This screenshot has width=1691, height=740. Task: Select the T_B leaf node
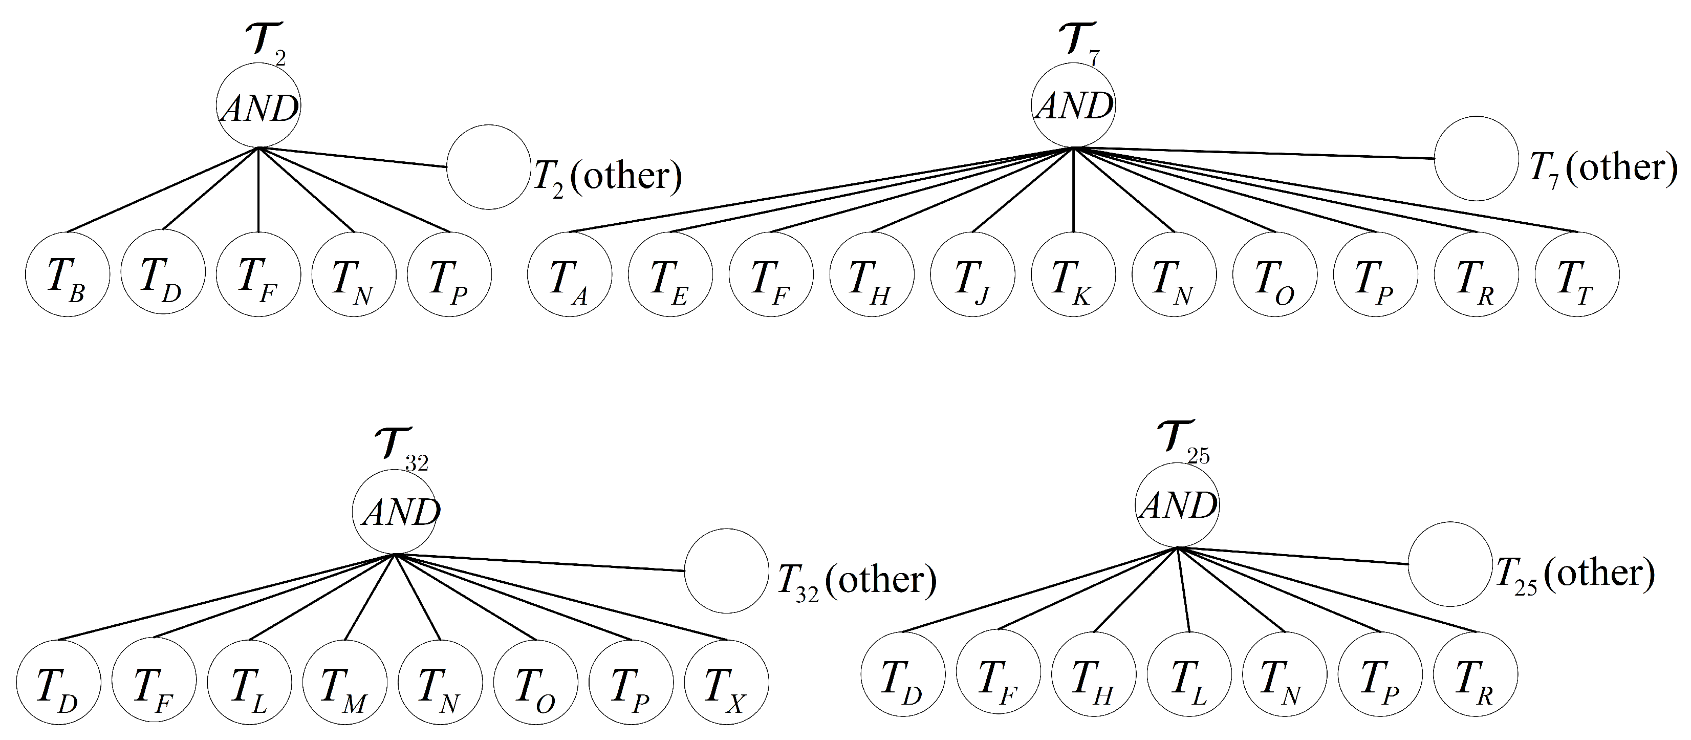67,274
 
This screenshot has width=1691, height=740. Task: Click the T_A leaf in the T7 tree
569,274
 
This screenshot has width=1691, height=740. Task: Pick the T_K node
1073,274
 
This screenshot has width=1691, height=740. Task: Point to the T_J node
972,274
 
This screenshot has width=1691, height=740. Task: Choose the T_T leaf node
1577,274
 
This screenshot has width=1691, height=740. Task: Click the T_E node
669,274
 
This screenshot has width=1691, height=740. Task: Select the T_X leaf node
726,683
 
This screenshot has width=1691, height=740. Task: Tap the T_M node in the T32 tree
344,683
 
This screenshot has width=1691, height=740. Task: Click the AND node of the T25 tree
1178,505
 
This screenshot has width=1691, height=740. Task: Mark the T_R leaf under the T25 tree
1475,674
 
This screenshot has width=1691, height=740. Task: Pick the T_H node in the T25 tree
1094,674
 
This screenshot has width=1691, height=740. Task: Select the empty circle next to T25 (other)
1450,564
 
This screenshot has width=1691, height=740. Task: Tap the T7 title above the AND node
1078,45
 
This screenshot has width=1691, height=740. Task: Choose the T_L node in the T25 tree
1189,674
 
